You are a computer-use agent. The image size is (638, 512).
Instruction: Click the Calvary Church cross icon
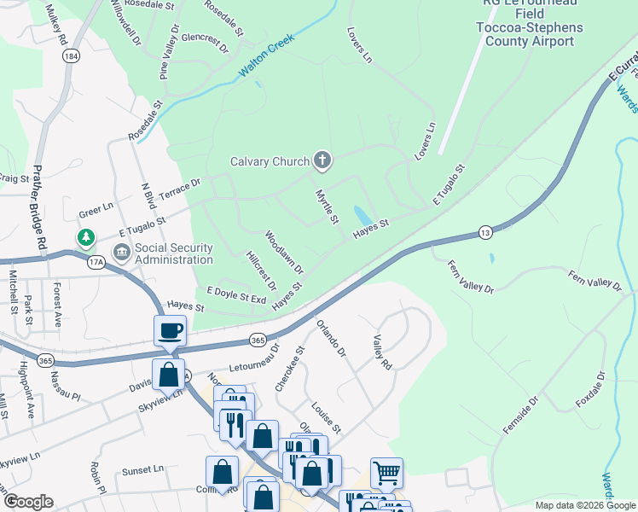[322, 160]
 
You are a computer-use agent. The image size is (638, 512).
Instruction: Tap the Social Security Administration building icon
[121, 253]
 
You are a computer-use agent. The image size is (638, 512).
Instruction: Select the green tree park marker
[86, 236]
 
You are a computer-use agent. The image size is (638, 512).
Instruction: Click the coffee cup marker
[170, 329]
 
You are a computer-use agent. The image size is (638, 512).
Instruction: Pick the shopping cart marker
[386, 471]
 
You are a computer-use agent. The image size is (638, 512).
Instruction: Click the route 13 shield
[484, 232]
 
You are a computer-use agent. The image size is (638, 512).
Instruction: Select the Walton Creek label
[266, 57]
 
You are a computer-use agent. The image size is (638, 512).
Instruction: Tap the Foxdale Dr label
[589, 388]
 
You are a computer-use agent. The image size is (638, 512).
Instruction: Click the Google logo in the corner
[28, 502]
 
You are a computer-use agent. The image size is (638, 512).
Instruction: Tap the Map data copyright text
[584, 504]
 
